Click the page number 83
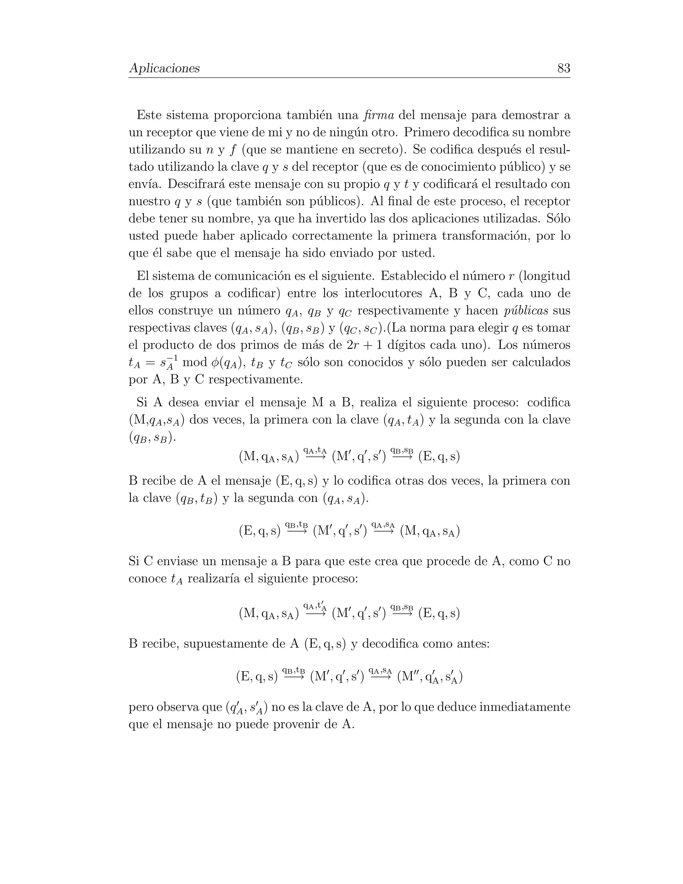(x=563, y=68)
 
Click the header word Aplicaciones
(x=164, y=68)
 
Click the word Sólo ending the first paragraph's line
(x=558, y=218)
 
